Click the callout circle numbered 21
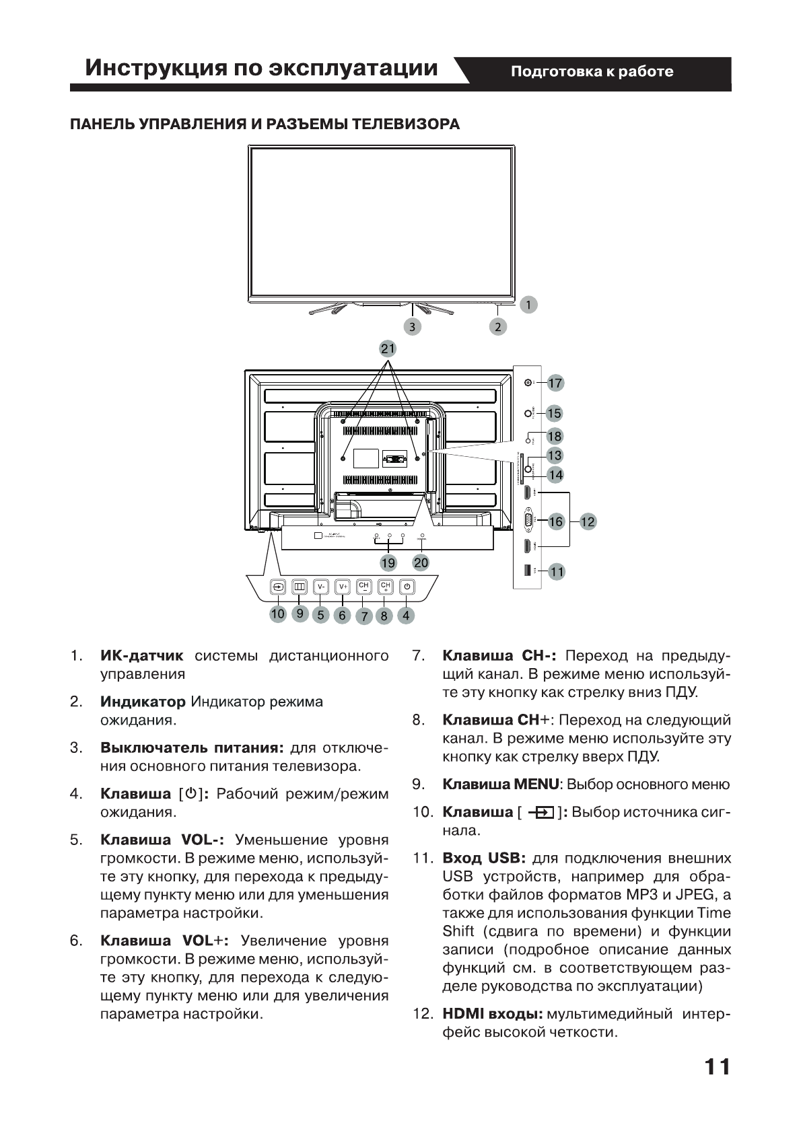tap(388, 349)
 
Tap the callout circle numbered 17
tap(555, 383)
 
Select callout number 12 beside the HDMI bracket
tap(588, 521)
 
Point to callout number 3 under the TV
tap(412, 327)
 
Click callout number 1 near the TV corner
tap(529, 305)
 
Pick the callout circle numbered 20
tap(421, 562)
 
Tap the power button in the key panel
tap(407, 587)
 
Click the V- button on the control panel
tap(321, 587)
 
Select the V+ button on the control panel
tap(343, 587)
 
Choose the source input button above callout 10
tap(278, 587)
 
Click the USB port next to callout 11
tap(527, 571)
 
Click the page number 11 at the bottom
tap(717, 1068)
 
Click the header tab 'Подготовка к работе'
tap(592, 72)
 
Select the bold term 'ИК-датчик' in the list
tap(141, 655)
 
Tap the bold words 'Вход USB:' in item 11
tap(483, 858)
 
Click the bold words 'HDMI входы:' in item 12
tap(492, 1013)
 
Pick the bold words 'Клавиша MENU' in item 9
tap(500, 784)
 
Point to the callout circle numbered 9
tap(300, 613)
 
